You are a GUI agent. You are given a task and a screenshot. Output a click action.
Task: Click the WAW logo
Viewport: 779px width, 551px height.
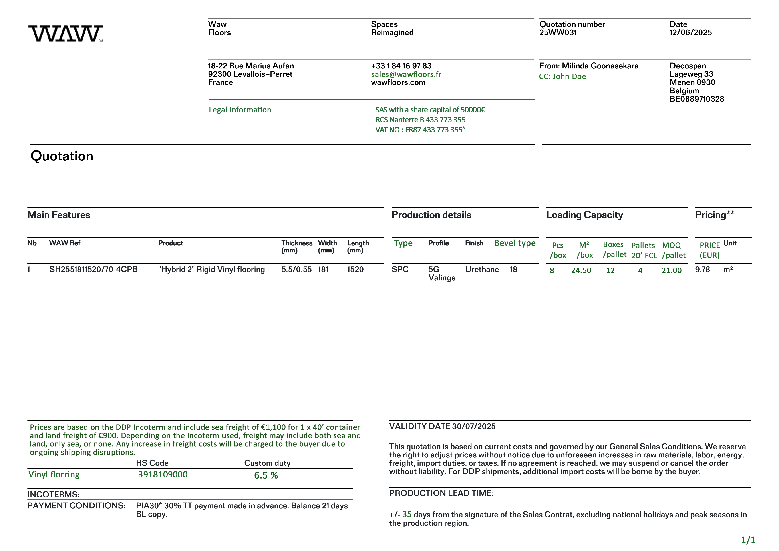[66, 33]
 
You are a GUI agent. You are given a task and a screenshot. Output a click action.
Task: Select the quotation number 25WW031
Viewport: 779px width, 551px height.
[558, 33]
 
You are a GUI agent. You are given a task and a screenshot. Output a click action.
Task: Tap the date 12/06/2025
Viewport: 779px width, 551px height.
[690, 33]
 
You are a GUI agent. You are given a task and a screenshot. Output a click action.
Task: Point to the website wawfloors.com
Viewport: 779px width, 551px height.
[398, 82]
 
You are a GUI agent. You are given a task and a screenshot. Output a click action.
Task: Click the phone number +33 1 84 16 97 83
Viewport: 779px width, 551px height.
[401, 66]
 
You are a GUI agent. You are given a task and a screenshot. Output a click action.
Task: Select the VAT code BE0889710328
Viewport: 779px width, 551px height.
[697, 99]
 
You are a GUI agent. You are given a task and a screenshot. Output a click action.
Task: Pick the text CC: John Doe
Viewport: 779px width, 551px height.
[562, 76]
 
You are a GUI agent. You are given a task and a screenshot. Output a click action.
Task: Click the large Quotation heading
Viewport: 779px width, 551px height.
[62, 156]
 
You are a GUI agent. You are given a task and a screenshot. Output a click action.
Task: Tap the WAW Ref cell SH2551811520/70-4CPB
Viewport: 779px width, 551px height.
[93, 270]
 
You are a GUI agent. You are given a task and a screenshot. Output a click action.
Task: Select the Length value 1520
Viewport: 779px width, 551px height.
[355, 270]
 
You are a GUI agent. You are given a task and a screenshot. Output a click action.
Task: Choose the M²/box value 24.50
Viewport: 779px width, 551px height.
[581, 270]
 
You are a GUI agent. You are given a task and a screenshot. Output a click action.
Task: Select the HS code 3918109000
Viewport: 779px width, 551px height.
[163, 475]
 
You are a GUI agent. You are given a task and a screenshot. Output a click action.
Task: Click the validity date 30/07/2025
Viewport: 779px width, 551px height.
[474, 426]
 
